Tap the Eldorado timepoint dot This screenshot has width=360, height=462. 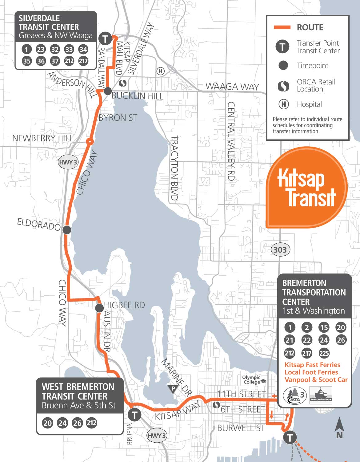67,230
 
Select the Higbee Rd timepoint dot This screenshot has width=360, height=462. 99,308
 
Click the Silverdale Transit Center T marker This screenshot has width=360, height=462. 105,39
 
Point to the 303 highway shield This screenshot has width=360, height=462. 280,249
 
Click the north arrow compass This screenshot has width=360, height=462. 339,428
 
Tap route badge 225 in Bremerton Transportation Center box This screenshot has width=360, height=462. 324,353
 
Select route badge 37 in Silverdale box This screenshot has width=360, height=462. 55,61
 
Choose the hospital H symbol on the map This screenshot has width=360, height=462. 160,71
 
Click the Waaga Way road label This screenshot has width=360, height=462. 232,87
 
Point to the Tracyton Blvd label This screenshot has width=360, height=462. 174,168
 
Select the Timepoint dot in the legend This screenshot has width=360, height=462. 283,65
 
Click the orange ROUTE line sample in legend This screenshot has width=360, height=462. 282,27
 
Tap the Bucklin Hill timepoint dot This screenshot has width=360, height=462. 108,91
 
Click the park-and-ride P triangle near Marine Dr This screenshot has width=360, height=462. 173,389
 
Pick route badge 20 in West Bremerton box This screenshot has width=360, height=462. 47,423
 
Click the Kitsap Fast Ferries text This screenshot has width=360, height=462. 312,365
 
